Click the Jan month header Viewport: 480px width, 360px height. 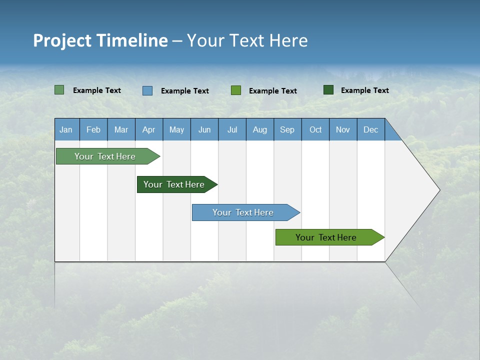pos(66,129)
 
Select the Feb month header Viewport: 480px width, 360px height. pos(93,129)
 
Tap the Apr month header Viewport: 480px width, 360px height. pos(148,129)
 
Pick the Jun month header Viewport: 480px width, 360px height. pos(204,129)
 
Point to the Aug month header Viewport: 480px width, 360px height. pos(259,129)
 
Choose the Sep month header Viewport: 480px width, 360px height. pos(287,129)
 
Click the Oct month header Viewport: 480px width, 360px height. pos(315,129)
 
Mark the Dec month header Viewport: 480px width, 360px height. pos(370,129)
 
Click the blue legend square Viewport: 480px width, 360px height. pos(147,90)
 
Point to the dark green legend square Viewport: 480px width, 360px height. pos(328,90)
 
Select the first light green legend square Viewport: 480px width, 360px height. pos(59,90)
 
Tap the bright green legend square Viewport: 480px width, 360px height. pos(236,90)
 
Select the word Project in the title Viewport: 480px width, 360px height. pos(62,40)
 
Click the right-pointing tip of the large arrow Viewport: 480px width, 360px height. pos(438,190)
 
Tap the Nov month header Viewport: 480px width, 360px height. pos(343,129)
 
